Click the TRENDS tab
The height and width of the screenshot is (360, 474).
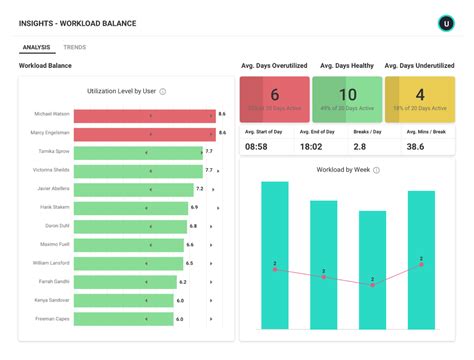coord(74,47)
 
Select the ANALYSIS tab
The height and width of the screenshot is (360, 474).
coord(36,47)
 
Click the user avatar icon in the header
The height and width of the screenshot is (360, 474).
coord(446,22)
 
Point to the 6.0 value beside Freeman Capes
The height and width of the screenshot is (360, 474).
coord(181,319)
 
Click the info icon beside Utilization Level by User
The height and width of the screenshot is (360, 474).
coord(163,91)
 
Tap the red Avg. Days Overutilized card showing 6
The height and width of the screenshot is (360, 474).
coord(274,99)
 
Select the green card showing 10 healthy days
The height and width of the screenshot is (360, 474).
coord(346,99)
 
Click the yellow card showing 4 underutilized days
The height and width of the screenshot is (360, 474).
coord(419,99)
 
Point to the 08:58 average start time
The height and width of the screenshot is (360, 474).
coord(256,146)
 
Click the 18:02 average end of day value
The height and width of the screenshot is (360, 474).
coord(311,146)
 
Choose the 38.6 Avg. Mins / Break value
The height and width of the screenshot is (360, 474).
coord(415,146)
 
